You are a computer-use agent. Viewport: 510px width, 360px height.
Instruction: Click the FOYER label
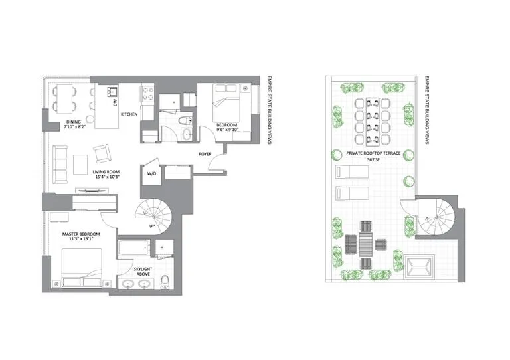205,154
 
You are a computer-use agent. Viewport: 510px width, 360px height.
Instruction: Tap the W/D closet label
151,173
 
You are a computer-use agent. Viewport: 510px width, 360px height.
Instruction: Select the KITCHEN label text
129,114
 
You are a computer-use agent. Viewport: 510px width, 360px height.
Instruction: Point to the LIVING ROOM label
106,172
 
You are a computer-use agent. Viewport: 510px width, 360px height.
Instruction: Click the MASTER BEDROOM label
81,234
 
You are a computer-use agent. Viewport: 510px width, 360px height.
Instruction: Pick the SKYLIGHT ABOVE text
143,272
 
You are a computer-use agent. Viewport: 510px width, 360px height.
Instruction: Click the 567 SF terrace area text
373,159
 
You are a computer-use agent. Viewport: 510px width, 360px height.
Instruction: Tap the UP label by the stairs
152,226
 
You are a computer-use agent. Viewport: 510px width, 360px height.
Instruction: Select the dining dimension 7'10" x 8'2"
74,127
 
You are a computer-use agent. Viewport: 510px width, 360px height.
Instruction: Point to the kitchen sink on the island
111,92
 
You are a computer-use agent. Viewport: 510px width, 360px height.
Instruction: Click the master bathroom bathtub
134,248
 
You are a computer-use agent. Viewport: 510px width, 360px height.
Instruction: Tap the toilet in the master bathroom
165,282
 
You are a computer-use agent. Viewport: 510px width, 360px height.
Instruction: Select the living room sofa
60,165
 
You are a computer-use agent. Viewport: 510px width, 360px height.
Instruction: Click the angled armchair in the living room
102,153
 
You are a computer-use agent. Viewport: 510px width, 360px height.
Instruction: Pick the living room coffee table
80,165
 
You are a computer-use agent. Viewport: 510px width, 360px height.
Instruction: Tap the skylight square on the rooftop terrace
419,266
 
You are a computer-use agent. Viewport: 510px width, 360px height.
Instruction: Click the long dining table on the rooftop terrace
373,121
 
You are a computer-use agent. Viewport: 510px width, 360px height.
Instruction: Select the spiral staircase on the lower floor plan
153,214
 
